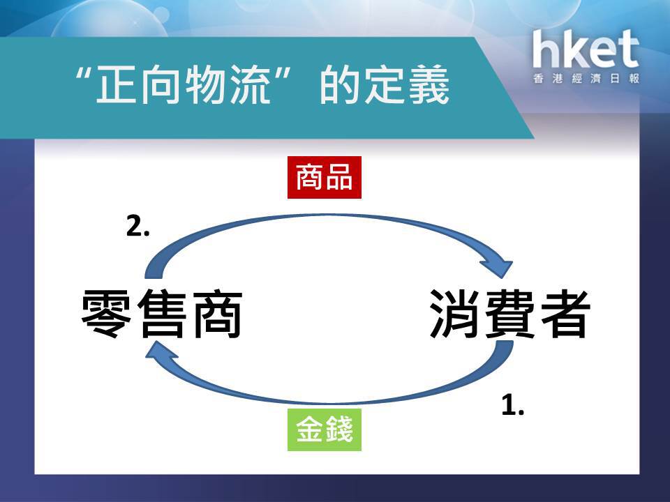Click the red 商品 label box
325,178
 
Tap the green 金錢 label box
325,430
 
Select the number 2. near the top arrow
137,226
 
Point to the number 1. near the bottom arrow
512,404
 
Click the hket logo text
586,49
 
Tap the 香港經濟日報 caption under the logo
586,79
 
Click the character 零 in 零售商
106,314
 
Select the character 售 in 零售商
162,314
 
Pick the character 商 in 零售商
218,314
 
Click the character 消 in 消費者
454,314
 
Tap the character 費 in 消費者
510,314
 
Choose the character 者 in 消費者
566,314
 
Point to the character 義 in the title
429,84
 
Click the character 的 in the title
340,84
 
